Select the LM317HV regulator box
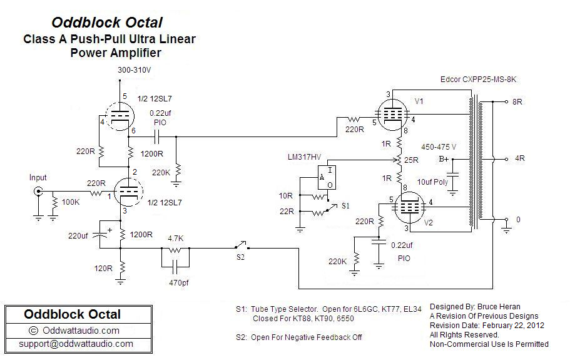pyautogui.click(x=326, y=177)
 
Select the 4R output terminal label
pyautogui.click(x=519, y=158)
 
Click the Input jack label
pyautogui.click(x=38, y=178)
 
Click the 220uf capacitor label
pyautogui.click(x=81, y=236)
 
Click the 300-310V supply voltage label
pyautogui.click(x=135, y=70)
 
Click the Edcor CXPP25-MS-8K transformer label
pyautogui.click(x=478, y=80)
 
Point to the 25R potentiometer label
pyautogui.click(x=412, y=160)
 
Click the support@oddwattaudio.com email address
pyautogui.click(x=75, y=344)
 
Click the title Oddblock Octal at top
pyautogui.click(x=107, y=23)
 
